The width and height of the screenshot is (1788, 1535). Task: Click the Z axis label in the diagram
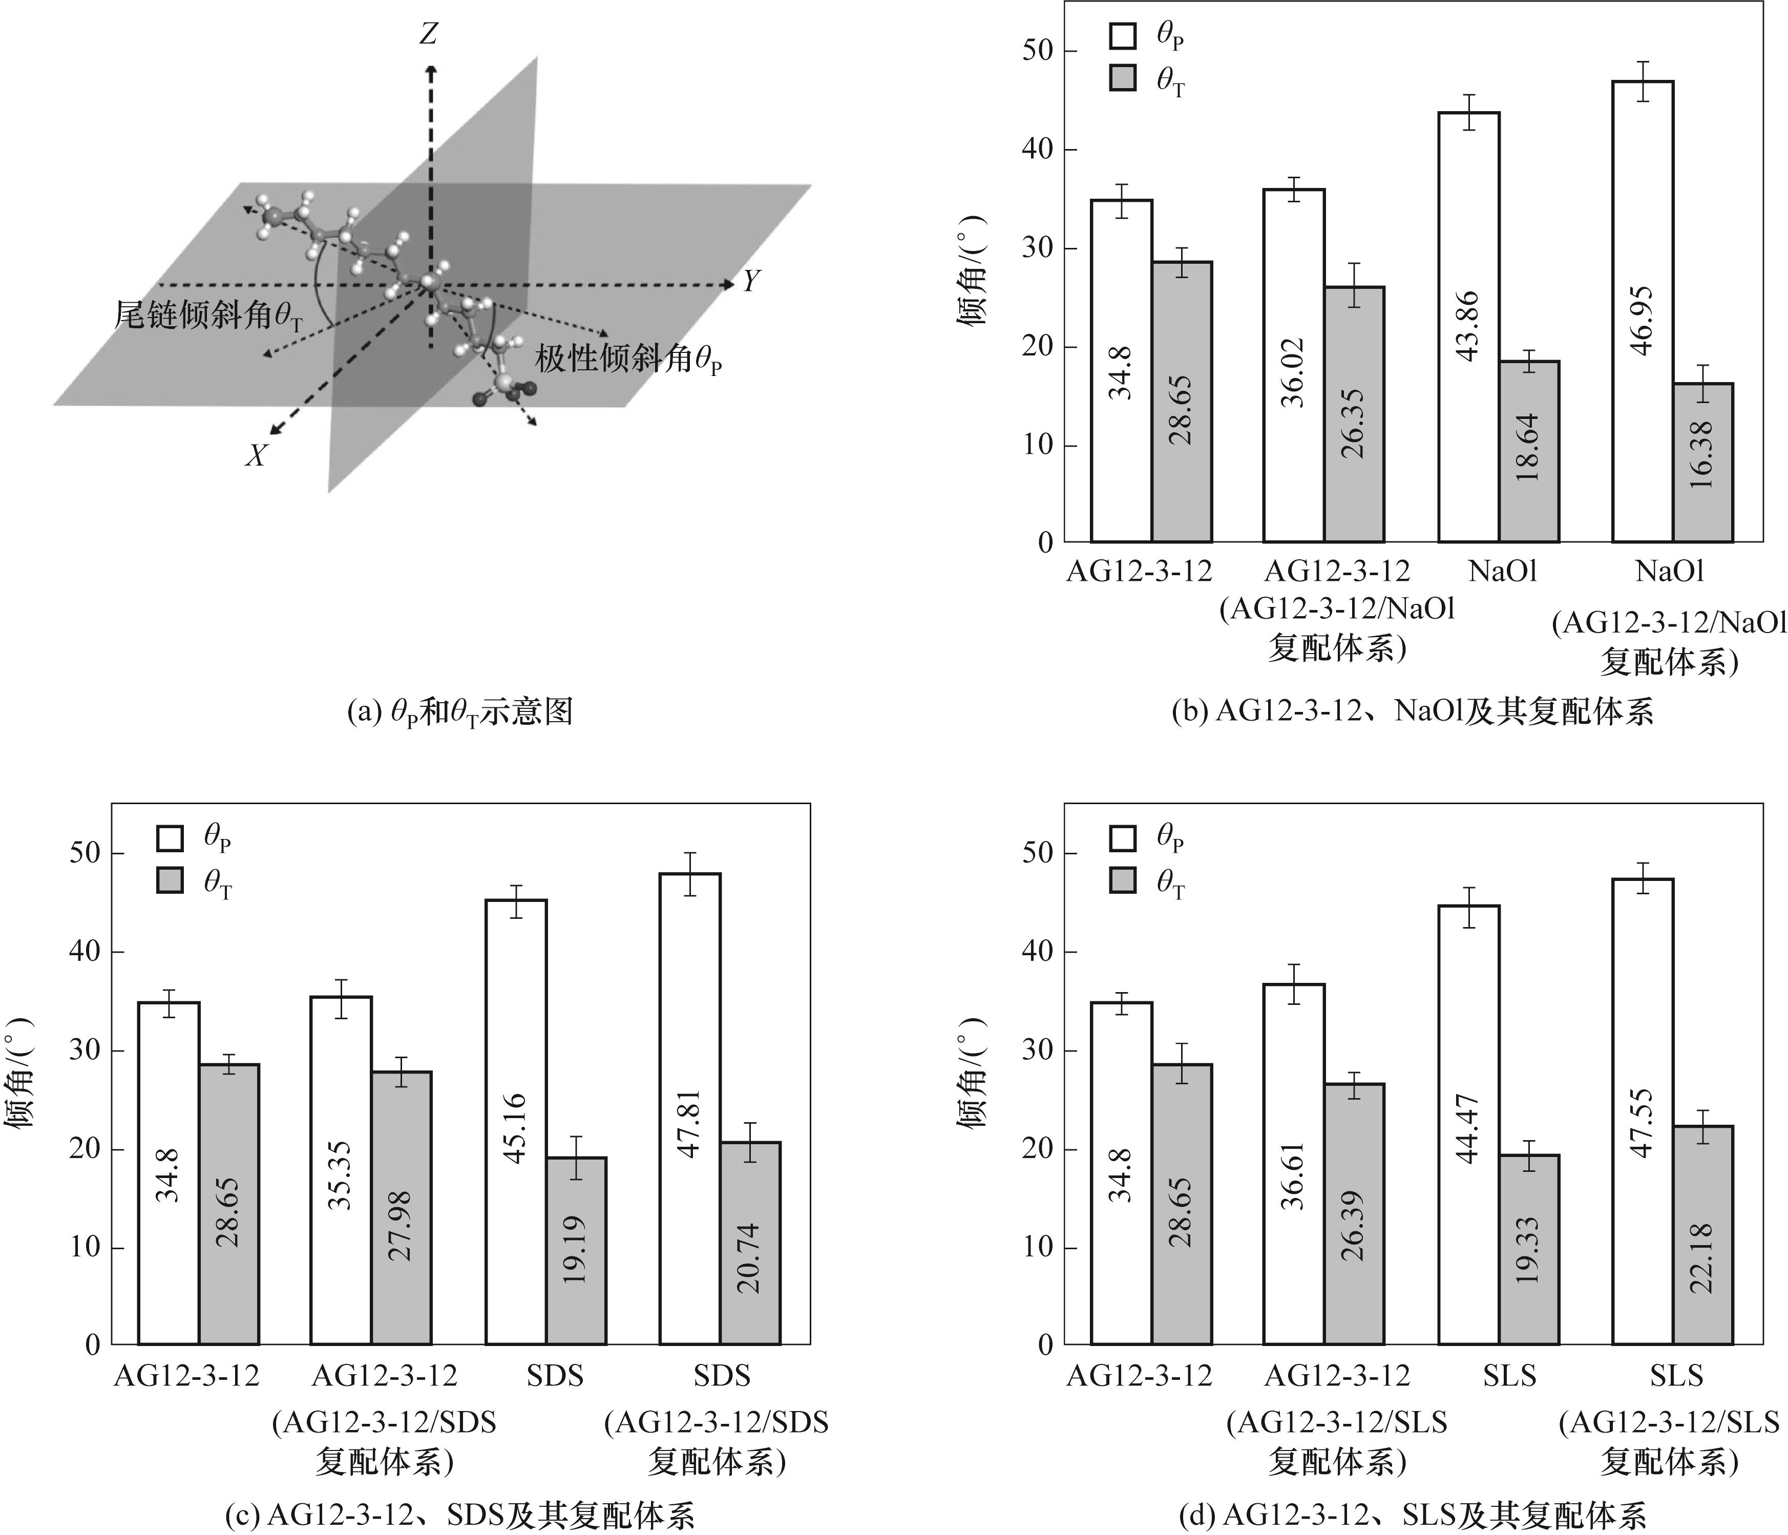click(x=428, y=34)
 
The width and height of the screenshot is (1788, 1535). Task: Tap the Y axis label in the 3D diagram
click(x=752, y=281)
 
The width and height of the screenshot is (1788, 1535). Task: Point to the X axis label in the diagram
click(x=256, y=455)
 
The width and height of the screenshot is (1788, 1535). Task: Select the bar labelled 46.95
click(x=1642, y=310)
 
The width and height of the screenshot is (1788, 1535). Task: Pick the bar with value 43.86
click(x=1469, y=326)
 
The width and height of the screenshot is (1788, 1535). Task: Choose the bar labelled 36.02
click(x=1294, y=365)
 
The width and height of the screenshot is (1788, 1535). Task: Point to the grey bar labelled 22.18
click(x=1702, y=1234)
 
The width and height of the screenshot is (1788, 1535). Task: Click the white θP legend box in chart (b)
click(x=1123, y=36)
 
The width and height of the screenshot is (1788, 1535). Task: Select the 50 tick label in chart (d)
click(x=1040, y=852)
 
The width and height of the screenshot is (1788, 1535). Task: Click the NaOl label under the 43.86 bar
click(x=1502, y=571)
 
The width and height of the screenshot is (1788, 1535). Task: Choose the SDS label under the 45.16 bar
click(x=555, y=1375)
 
